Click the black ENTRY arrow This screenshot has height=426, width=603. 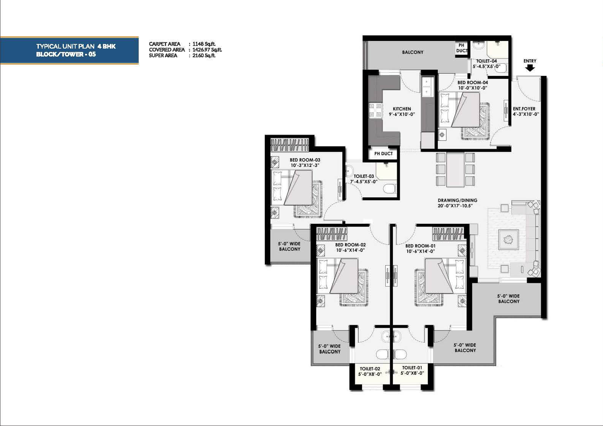point(530,68)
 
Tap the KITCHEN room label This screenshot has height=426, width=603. point(402,109)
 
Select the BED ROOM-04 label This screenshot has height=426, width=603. point(473,83)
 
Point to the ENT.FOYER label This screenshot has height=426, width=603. point(524,109)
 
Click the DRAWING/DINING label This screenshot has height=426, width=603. point(457,200)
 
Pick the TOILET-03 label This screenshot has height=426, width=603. point(364,176)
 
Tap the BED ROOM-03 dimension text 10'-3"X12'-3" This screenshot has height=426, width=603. point(305,165)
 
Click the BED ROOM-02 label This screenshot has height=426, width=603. point(350,245)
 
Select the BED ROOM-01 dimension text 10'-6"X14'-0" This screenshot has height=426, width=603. point(421,251)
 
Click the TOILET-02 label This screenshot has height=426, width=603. point(370,369)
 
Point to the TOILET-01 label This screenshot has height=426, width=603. point(412,368)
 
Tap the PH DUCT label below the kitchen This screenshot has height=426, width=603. point(384,154)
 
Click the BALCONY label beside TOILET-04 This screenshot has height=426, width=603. point(413,52)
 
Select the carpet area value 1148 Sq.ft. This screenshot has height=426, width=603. point(204,44)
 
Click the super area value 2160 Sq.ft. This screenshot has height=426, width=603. point(204,55)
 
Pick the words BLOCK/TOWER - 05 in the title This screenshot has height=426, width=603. point(66,54)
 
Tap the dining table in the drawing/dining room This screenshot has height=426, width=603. point(455,170)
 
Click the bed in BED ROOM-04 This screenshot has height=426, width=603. point(460,110)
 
